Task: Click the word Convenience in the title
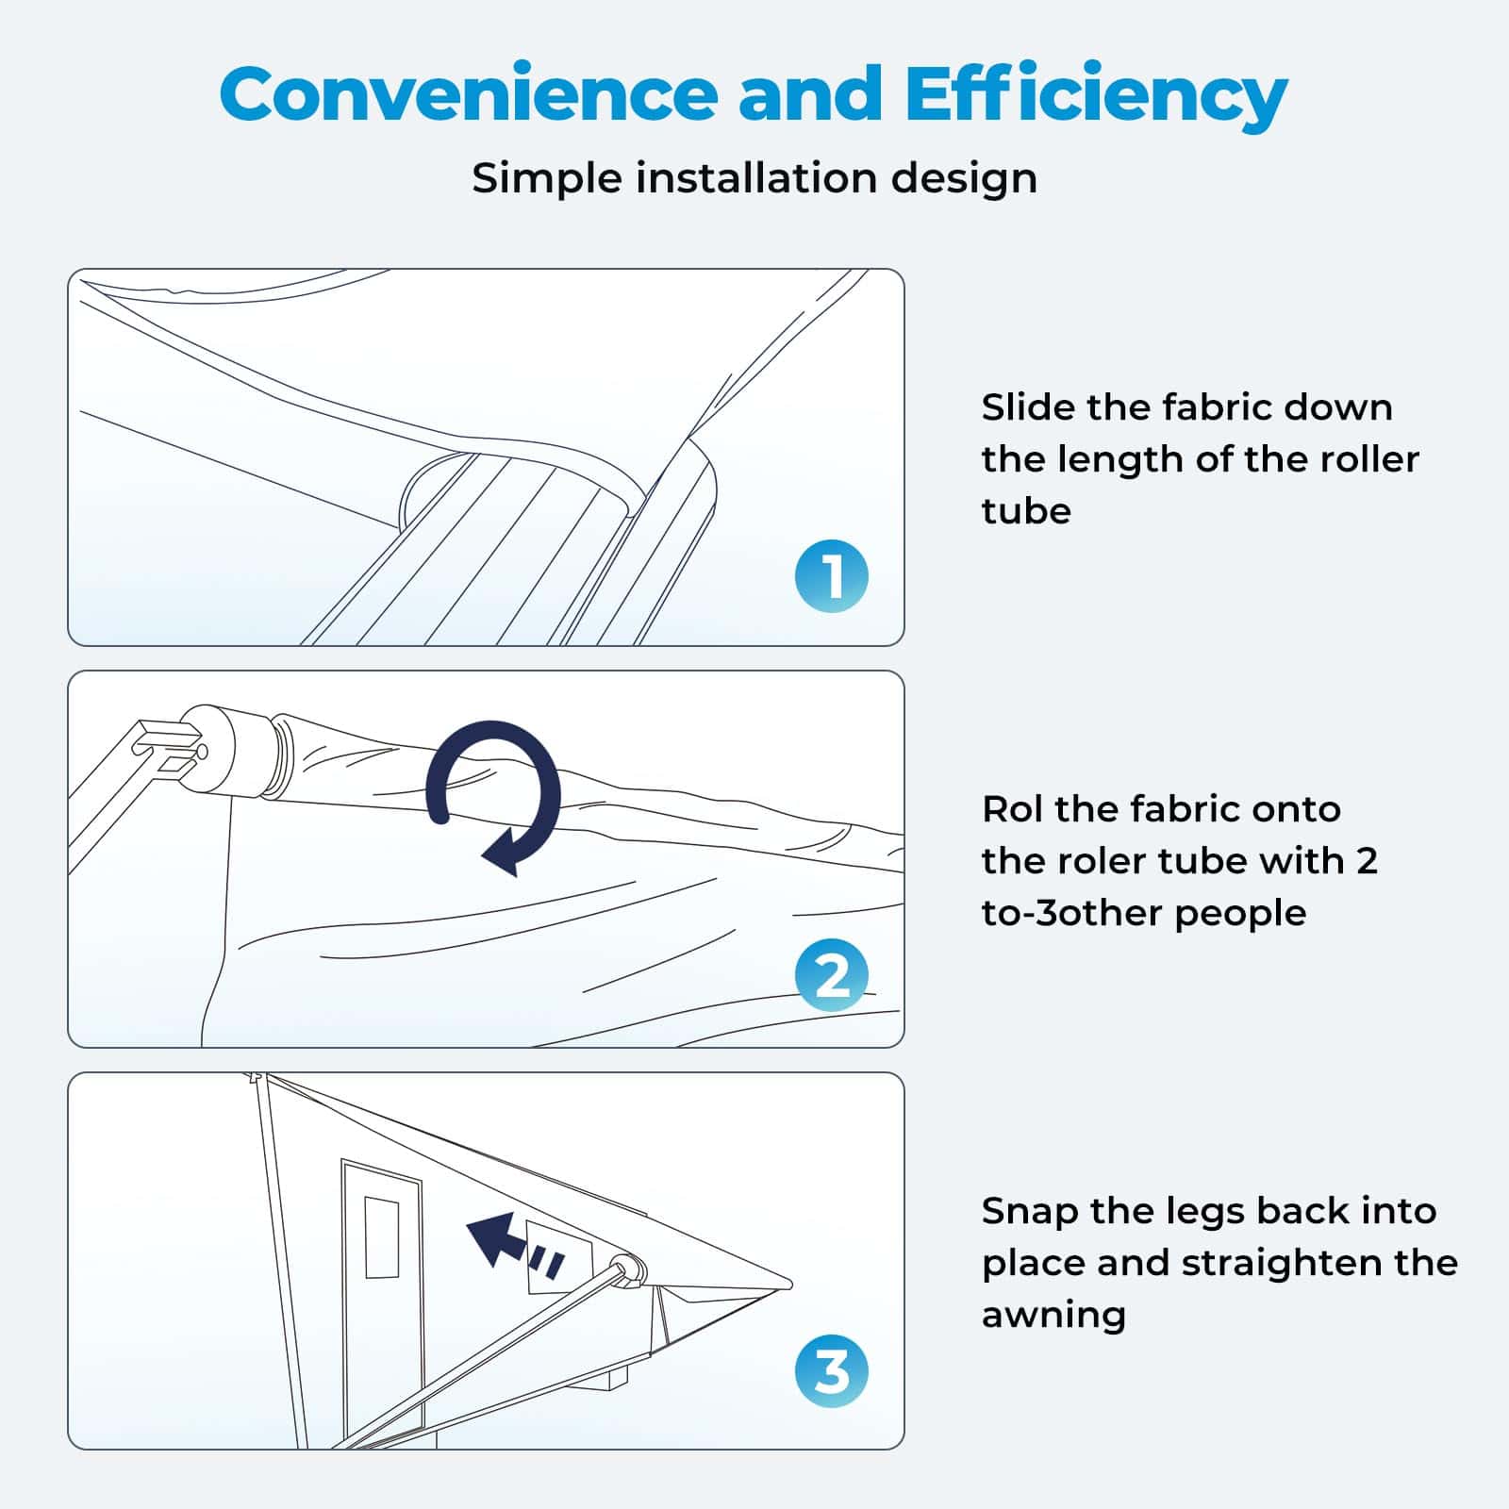pos(468,94)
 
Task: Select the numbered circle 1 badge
pos(831,576)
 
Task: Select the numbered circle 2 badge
pos(831,976)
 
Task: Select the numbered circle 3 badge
pos(831,1372)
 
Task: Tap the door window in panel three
pos(381,1236)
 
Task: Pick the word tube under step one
pos(1025,511)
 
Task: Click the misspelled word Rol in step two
pos(1012,809)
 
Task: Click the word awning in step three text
pos(1053,1315)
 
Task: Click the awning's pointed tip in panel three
pos(788,1284)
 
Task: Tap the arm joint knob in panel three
pos(625,1269)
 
